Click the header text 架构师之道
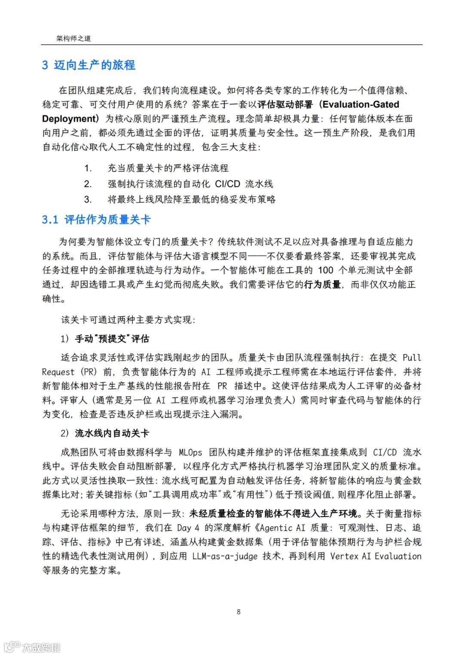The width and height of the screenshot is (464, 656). (x=73, y=39)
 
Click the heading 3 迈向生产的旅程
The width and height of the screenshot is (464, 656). (x=89, y=65)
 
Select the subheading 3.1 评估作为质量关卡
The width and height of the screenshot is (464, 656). (x=96, y=220)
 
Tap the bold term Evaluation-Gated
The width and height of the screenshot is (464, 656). (x=360, y=104)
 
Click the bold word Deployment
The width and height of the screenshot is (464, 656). (x=68, y=119)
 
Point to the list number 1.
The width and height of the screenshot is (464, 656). (x=88, y=168)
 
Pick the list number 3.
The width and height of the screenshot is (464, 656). (x=88, y=199)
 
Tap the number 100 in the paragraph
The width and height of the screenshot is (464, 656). (x=326, y=270)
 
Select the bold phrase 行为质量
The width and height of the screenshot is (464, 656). (x=322, y=284)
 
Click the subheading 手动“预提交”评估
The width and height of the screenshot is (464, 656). (x=112, y=339)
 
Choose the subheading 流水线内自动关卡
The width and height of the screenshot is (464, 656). (x=112, y=433)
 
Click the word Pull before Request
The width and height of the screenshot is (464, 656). (x=412, y=358)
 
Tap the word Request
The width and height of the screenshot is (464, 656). (x=58, y=372)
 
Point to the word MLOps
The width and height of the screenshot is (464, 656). (x=190, y=452)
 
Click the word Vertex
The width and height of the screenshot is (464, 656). (x=344, y=556)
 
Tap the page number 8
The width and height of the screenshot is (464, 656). (x=239, y=612)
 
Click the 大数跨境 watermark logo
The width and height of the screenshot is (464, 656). (x=32, y=647)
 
